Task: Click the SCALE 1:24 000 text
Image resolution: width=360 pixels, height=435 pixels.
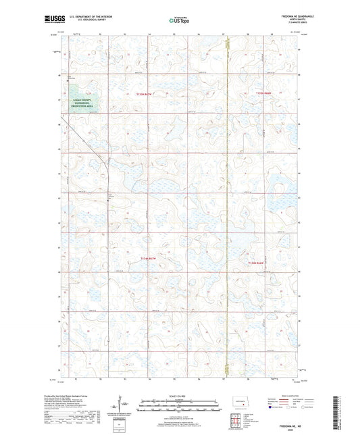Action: point(179,394)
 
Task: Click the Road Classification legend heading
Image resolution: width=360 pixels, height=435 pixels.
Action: point(283,394)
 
